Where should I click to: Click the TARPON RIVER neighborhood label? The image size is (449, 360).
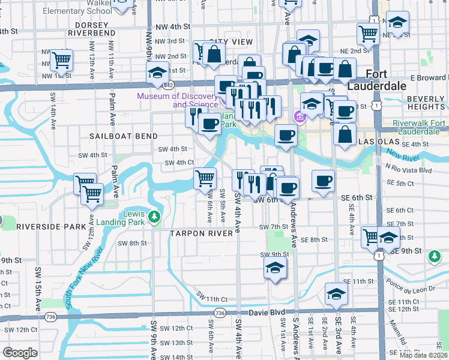tap(200, 233)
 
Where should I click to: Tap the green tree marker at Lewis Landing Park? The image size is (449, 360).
tap(155, 216)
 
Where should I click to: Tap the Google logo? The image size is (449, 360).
tap(20, 353)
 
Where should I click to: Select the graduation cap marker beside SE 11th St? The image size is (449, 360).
tap(336, 293)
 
